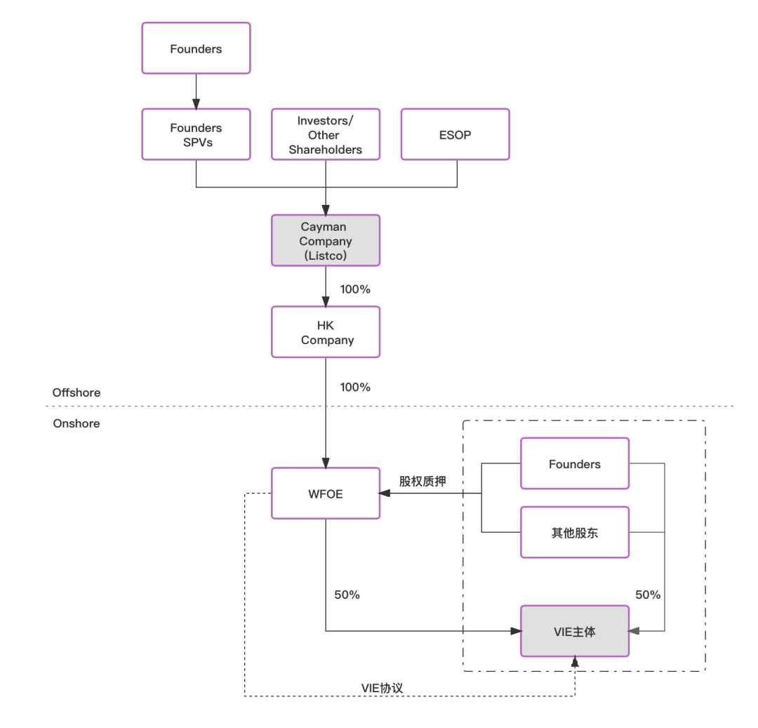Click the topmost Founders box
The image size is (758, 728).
pyautogui.click(x=196, y=48)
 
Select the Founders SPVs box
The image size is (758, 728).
pyautogui.click(x=196, y=135)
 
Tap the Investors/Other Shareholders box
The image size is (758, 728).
pyautogui.click(x=326, y=135)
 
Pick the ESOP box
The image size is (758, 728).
pyautogui.click(x=455, y=135)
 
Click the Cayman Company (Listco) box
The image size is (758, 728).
pyautogui.click(x=326, y=241)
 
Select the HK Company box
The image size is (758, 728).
pyautogui.click(x=326, y=333)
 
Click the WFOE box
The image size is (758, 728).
pyautogui.click(x=326, y=494)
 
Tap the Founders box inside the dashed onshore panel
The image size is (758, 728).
pyautogui.click(x=574, y=464)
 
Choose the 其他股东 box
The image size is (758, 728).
pyautogui.click(x=574, y=533)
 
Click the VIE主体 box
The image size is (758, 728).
pyautogui.click(x=574, y=632)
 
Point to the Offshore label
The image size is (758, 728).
pyautogui.click(x=77, y=392)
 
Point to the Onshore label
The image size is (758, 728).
pyautogui.click(x=77, y=423)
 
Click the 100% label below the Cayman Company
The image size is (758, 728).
pyautogui.click(x=355, y=289)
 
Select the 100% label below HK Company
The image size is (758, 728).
pyautogui.click(x=355, y=387)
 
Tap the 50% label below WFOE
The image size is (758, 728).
pyautogui.click(x=347, y=595)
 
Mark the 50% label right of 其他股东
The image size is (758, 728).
pyautogui.click(x=648, y=595)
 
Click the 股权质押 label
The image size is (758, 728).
pyautogui.click(x=423, y=481)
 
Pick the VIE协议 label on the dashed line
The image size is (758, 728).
pyautogui.click(x=382, y=688)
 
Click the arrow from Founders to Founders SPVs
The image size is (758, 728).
pyautogui.click(x=196, y=91)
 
